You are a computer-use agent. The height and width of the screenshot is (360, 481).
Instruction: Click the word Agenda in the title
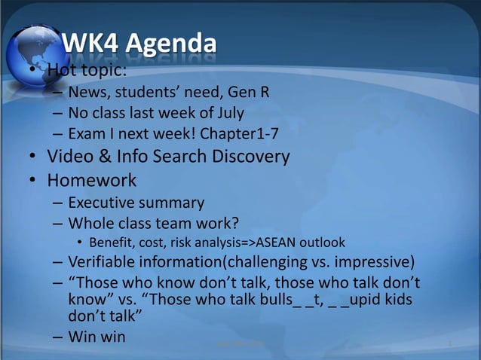170,47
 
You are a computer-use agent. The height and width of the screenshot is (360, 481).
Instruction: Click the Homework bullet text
92,181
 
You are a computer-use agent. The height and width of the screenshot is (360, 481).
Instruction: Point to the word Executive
106,203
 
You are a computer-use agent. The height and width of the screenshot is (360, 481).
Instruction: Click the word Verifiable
106,262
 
